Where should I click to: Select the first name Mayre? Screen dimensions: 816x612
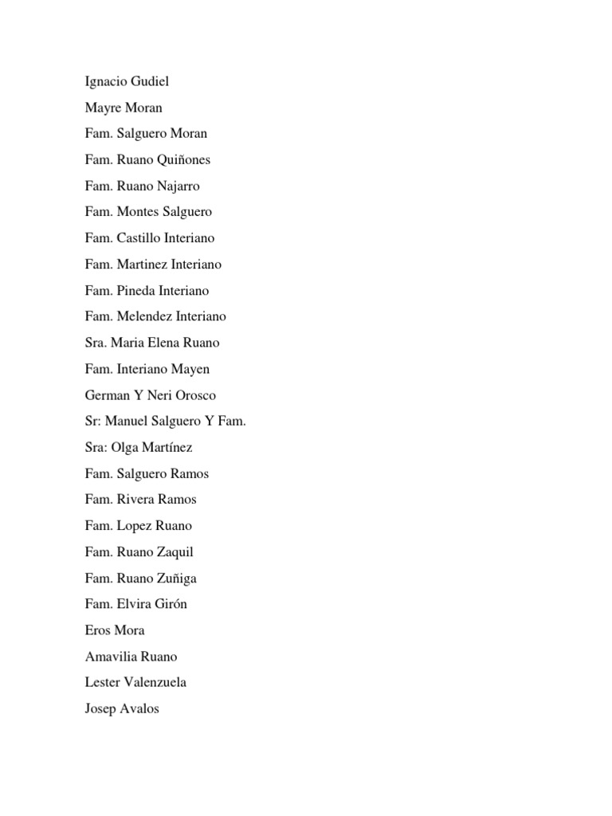pos(101,108)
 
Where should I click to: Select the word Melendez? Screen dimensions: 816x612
pos(145,316)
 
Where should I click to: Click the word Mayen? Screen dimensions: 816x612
pos(190,369)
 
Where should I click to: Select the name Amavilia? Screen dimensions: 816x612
pos(110,657)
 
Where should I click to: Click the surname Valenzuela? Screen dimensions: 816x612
pos(153,682)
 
